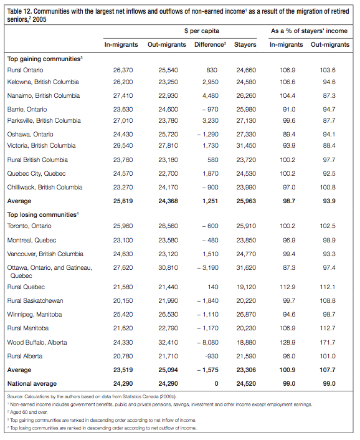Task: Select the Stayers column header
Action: [x=245, y=44]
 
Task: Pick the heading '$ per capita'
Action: [x=201, y=30]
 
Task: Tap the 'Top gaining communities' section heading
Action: [x=44, y=59]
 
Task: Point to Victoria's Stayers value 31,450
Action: [x=245, y=145]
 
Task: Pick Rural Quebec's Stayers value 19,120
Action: [x=245, y=287]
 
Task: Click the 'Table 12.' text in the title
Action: [x=21, y=9]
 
